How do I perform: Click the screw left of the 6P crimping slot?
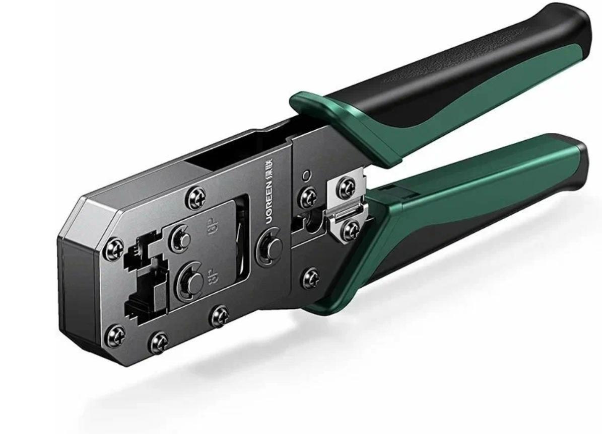[115, 248]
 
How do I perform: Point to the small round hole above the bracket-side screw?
[305, 176]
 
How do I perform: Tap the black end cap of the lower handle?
[579, 156]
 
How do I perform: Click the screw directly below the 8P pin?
[219, 315]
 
